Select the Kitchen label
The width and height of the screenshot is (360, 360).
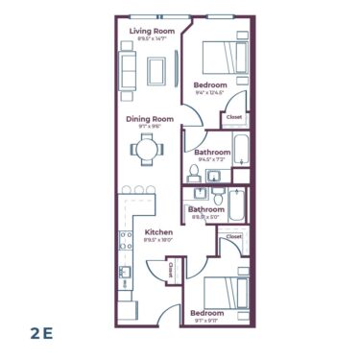pos(158,232)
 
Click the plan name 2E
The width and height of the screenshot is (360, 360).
pos(39,332)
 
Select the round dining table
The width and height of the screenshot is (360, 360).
pos(147,149)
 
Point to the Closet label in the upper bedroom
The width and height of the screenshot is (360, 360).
pos(233,119)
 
